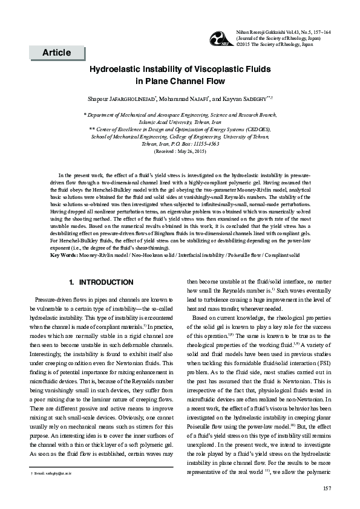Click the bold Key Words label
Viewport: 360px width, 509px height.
[64, 255]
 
